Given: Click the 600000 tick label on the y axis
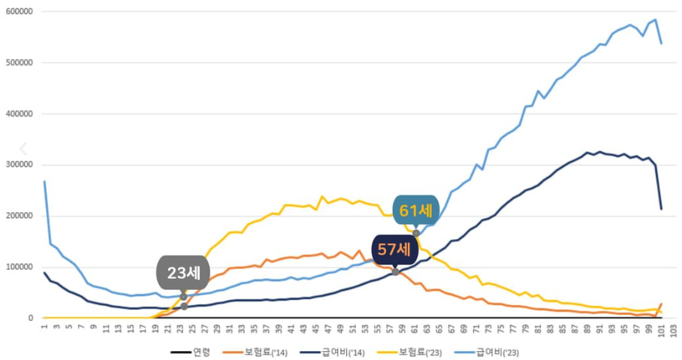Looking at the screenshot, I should pos(20,12).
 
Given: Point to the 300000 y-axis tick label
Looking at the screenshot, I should pos(20,165).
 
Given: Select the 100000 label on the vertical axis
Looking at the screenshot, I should pos(20,268).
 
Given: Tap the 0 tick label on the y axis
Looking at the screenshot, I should pos(31,319).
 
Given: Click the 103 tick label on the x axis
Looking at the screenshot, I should pos(673,331).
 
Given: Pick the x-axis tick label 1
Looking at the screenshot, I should pos(44,328).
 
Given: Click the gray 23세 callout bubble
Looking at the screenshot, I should pos(183,273).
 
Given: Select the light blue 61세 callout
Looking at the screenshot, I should pos(415,210).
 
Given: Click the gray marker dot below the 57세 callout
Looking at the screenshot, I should pos(396,271).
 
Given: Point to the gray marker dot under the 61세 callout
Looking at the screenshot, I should pos(416,234).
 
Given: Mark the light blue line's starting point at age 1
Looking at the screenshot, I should pos(44,181).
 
